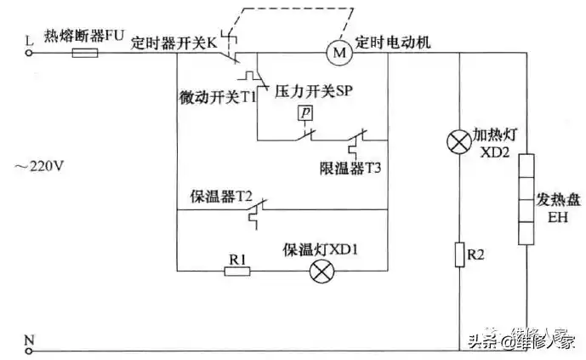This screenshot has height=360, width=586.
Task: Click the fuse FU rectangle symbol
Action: tap(85, 53)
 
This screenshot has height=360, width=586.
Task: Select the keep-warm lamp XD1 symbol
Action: tap(321, 271)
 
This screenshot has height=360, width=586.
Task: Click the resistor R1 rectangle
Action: tap(237, 271)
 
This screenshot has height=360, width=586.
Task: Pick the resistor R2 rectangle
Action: tap(459, 254)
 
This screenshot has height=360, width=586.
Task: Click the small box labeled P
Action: tap(304, 112)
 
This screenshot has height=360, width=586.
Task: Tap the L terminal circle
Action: tap(30, 53)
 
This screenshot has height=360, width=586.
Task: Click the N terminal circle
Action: tap(30, 350)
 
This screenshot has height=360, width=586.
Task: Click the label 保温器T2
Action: tap(222, 195)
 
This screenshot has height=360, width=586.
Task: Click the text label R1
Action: tap(238, 254)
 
